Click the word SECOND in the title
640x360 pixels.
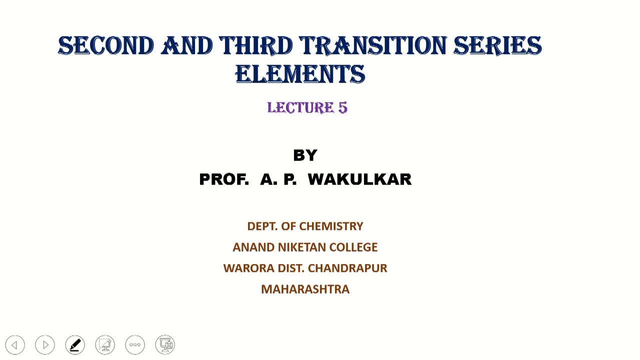[105, 46]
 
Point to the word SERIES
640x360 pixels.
[497, 46]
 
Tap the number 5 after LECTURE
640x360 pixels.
[342, 107]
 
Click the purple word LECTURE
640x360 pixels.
[300, 107]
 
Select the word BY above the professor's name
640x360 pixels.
[305, 155]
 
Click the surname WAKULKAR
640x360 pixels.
[359, 179]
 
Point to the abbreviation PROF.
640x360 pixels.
[223, 179]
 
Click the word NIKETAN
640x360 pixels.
[301, 247]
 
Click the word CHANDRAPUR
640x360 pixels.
[347, 268]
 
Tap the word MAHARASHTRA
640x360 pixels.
[305, 289]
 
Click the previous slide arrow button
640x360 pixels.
[15, 344]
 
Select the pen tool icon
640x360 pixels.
[75, 344]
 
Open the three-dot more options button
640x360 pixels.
[135, 344]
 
